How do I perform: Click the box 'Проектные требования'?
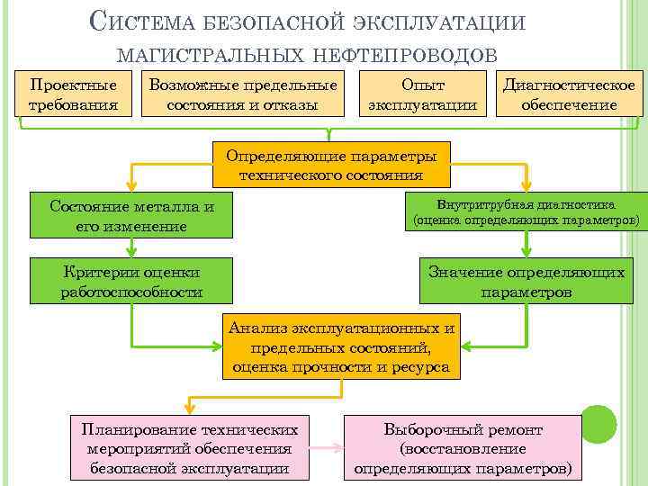click(74, 94)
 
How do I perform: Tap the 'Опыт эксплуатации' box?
click(423, 94)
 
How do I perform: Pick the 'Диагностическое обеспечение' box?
click(569, 94)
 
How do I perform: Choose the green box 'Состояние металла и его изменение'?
click(131, 216)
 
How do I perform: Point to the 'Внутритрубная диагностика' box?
click(526, 211)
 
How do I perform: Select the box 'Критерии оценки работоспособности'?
click(131, 282)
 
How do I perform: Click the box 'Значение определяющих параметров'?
click(526, 282)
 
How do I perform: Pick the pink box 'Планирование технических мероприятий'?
click(189, 446)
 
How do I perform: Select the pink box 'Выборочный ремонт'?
click(463, 446)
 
